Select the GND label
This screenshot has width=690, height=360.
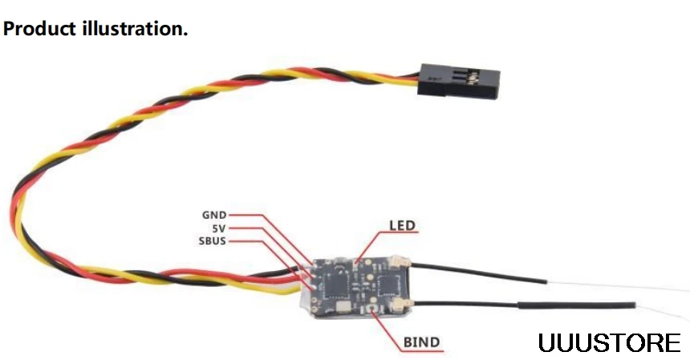214,215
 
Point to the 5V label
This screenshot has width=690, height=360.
219,228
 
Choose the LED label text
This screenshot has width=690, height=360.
402,225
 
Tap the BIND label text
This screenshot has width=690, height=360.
421,342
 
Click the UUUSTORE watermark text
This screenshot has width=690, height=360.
609,343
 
